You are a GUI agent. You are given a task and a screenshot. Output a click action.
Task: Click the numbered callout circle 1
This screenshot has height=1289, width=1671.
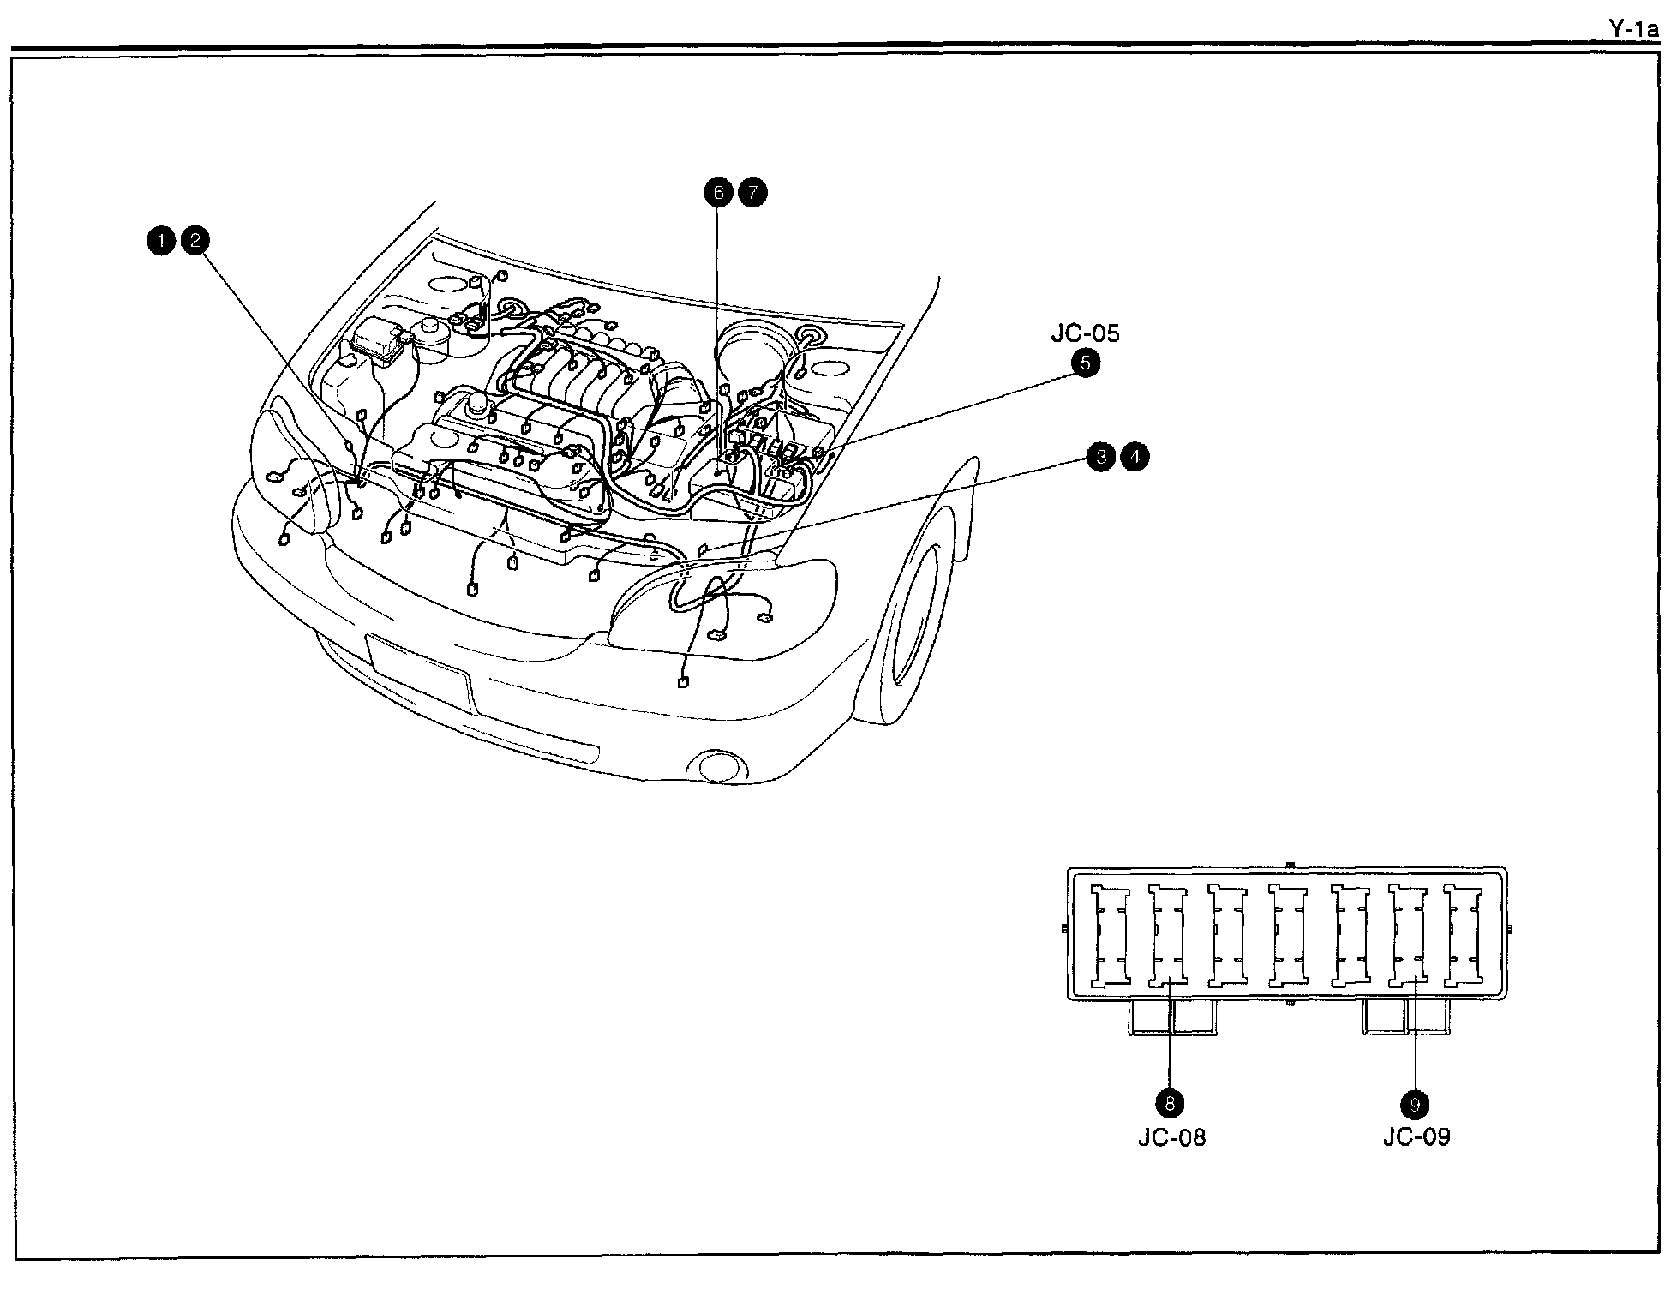coord(159,241)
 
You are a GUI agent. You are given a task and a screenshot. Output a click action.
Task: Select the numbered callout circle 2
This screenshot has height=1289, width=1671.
coord(195,241)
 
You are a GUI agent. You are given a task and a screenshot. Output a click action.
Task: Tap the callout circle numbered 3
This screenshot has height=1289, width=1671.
coord(1101,457)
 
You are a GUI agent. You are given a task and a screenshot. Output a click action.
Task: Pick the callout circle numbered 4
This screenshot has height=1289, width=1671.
coord(1135,457)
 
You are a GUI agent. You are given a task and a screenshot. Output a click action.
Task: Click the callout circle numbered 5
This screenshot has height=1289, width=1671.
coord(1085,363)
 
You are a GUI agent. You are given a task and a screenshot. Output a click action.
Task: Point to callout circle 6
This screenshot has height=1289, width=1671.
coord(718,193)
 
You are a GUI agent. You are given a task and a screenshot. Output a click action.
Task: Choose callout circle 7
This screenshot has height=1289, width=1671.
coord(752,193)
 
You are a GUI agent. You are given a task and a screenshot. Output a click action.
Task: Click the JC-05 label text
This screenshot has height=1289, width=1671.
coord(1085,333)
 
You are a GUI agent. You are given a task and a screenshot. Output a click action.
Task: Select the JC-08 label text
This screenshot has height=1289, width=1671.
coord(1171,1137)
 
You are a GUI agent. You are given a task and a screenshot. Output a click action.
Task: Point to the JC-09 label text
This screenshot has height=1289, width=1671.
coord(1416,1137)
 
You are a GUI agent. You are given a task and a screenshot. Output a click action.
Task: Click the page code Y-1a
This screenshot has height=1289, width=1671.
coord(1633,28)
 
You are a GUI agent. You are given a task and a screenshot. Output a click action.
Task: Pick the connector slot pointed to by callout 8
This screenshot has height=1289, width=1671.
coord(1167,936)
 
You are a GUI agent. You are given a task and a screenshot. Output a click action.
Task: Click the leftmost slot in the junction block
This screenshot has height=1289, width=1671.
coord(1109,936)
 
